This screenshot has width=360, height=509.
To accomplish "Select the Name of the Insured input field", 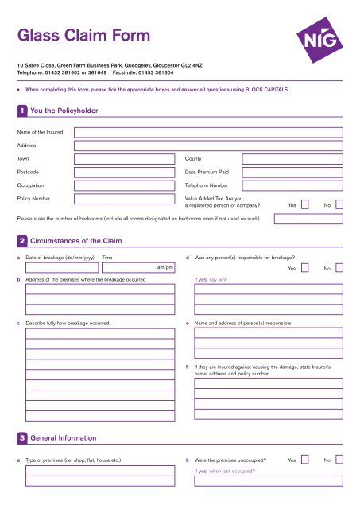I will [x=208, y=132].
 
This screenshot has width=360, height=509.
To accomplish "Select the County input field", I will [x=292, y=159].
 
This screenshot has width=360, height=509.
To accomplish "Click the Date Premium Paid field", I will [x=292, y=173].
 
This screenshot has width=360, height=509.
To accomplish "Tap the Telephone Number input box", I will [x=292, y=186].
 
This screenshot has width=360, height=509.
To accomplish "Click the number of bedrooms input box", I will [x=308, y=218].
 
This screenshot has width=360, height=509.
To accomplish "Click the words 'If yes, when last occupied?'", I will [x=229, y=471].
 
